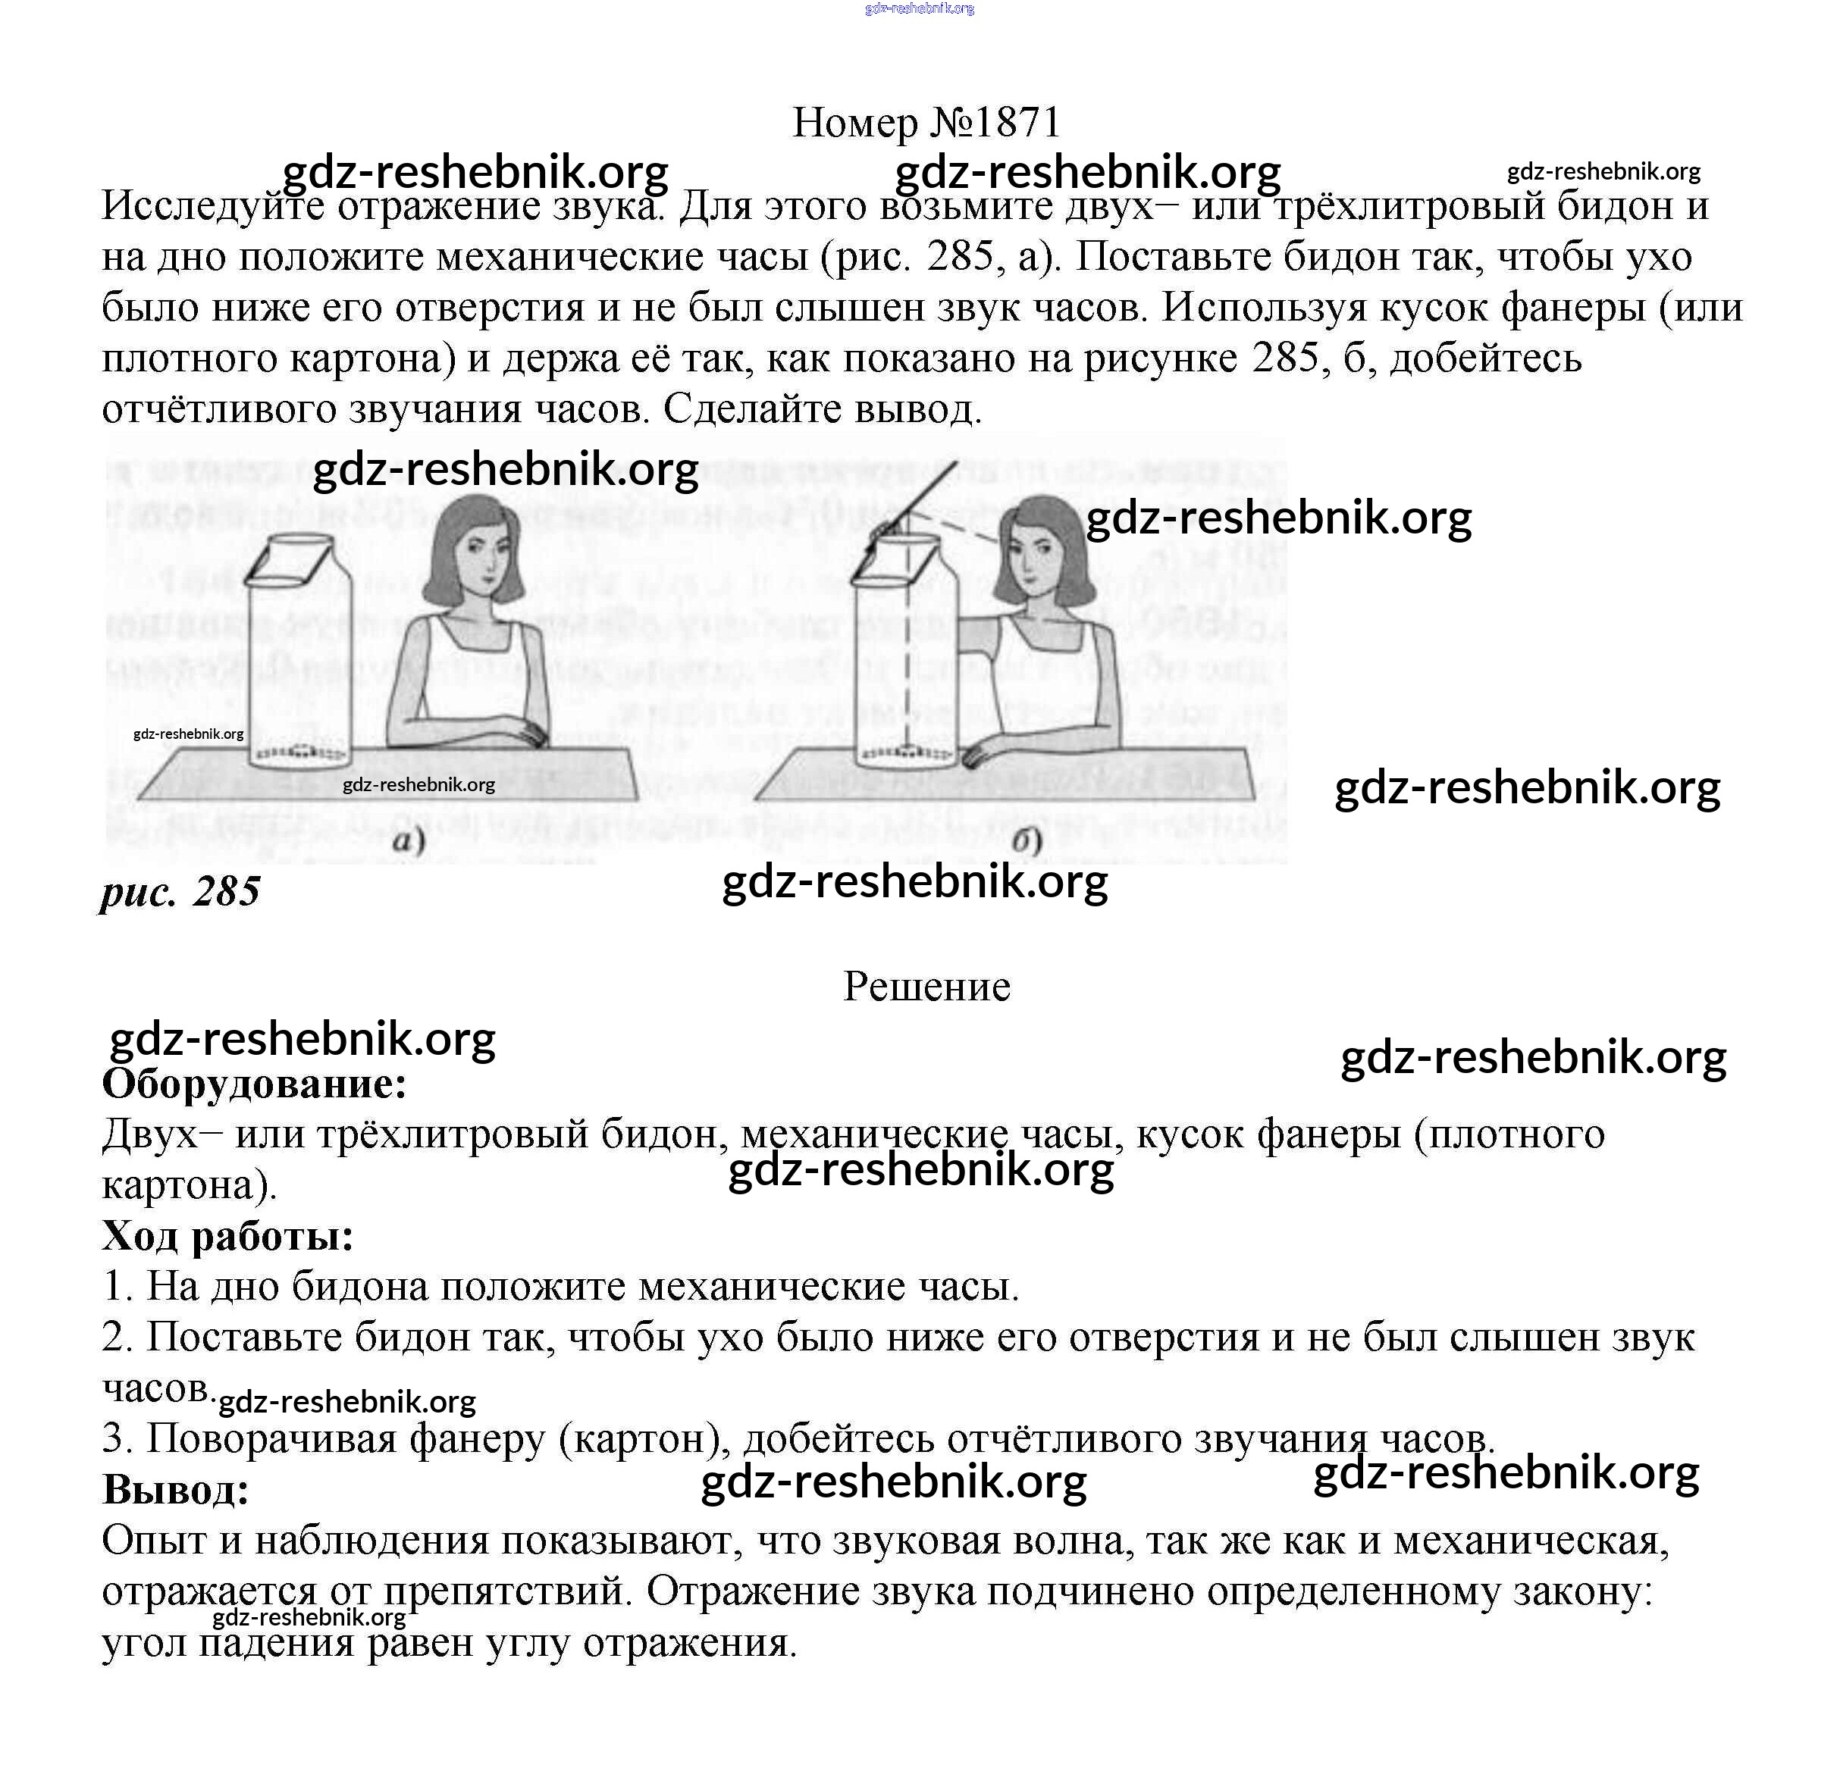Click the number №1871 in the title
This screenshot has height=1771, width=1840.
click(x=995, y=122)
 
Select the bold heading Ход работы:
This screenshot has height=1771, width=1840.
click(x=228, y=1236)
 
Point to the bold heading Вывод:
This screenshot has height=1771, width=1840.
click(x=177, y=1489)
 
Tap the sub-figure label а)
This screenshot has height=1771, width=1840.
click(x=409, y=838)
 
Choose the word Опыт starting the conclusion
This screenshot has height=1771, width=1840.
click(x=155, y=1542)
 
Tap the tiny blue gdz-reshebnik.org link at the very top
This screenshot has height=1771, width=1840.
click(x=919, y=8)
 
